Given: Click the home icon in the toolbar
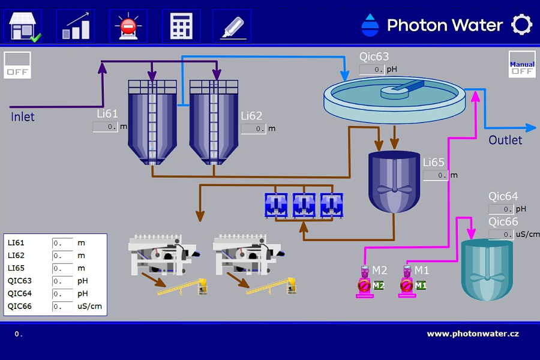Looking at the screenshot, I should pyautogui.click(x=23, y=26).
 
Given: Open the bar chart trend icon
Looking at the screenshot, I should pyautogui.click(x=75, y=26).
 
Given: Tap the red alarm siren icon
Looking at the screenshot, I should pyautogui.click(x=128, y=26).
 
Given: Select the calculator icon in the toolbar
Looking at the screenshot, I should pyautogui.click(x=181, y=26).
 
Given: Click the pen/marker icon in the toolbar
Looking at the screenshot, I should pyautogui.click(x=232, y=26).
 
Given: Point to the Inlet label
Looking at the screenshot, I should pyautogui.click(x=23, y=116).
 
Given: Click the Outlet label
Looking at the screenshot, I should pyautogui.click(x=505, y=140).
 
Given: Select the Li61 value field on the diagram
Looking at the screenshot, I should pyautogui.click(x=105, y=127).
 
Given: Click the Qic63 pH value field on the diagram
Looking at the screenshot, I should pyautogui.click(x=372, y=70).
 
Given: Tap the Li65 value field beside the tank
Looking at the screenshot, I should pyautogui.click(x=435, y=175).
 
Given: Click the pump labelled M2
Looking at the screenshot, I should pyautogui.click(x=364, y=282).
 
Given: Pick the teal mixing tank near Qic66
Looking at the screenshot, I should pyautogui.click(x=487, y=270).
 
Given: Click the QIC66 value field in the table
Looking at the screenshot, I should pyautogui.click(x=62, y=307).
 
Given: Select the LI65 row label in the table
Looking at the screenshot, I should pyautogui.click(x=17, y=268).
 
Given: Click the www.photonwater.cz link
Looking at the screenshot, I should pyautogui.click(x=473, y=334).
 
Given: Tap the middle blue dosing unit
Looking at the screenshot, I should pyautogui.click(x=304, y=204).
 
